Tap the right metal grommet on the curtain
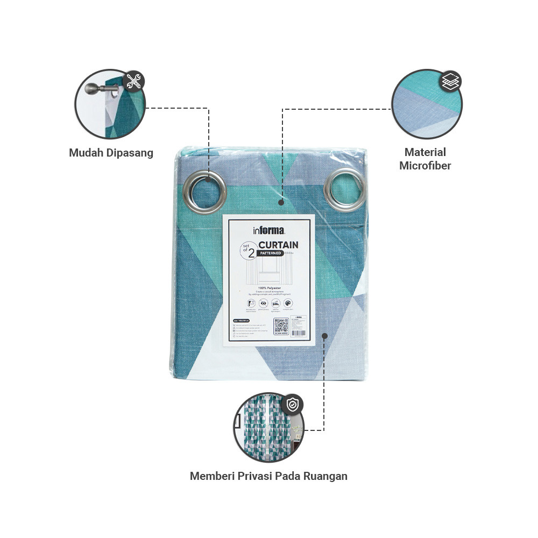(345, 190)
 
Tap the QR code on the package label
(281, 327)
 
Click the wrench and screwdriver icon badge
(133, 82)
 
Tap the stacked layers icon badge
(450, 82)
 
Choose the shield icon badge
(292, 405)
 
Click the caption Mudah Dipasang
(111, 153)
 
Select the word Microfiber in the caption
(425, 166)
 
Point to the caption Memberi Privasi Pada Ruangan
(268, 476)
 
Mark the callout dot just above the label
(281, 203)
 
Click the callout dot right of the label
(324, 336)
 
